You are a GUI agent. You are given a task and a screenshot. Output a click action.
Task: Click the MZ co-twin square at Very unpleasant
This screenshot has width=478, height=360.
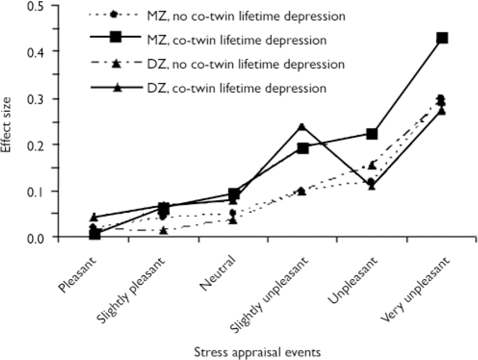442,38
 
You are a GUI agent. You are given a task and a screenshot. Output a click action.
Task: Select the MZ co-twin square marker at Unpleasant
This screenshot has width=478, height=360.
372,134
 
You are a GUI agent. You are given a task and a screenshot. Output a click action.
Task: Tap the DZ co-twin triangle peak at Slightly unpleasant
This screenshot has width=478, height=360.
302,127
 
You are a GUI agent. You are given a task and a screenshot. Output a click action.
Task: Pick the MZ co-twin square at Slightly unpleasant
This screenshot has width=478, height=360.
303,149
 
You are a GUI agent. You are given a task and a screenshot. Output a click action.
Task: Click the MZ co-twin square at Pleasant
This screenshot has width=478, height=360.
94,234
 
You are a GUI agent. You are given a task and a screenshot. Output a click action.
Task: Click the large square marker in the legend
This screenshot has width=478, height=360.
115,38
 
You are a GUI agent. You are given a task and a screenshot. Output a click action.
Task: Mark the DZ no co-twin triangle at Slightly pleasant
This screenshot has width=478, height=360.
164,230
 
